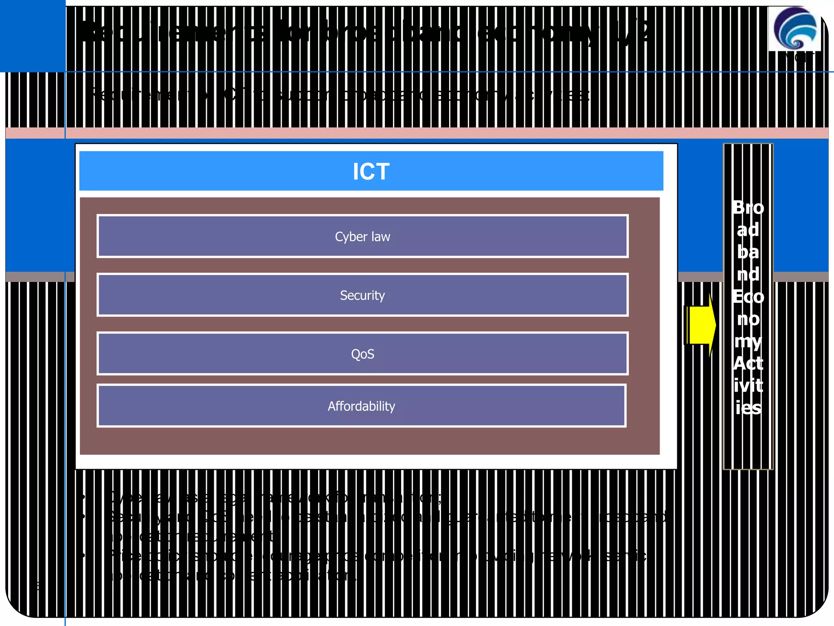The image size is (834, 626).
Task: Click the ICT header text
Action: click(371, 172)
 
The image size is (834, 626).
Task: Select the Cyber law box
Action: click(362, 236)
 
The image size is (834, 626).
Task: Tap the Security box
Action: click(362, 295)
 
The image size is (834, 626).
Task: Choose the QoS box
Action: click(362, 354)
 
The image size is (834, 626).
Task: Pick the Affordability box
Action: click(361, 406)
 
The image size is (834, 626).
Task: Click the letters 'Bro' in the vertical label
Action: click(748, 207)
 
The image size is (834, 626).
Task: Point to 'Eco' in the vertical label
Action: click(748, 296)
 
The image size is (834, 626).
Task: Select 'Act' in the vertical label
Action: click(748, 363)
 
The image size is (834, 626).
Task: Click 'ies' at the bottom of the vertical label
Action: click(748, 408)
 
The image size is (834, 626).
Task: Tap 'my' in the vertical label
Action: click(748, 341)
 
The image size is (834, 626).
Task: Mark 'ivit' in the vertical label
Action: click(748, 386)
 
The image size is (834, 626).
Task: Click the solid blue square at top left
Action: click(33, 36)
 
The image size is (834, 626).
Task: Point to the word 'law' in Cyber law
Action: click(380, 236)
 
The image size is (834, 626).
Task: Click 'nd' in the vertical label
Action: click(748, 274)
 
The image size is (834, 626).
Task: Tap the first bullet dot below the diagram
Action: click(83, 497)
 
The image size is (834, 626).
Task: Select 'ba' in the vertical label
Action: click(748, 252)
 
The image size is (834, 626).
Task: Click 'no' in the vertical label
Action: click(748, 319)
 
